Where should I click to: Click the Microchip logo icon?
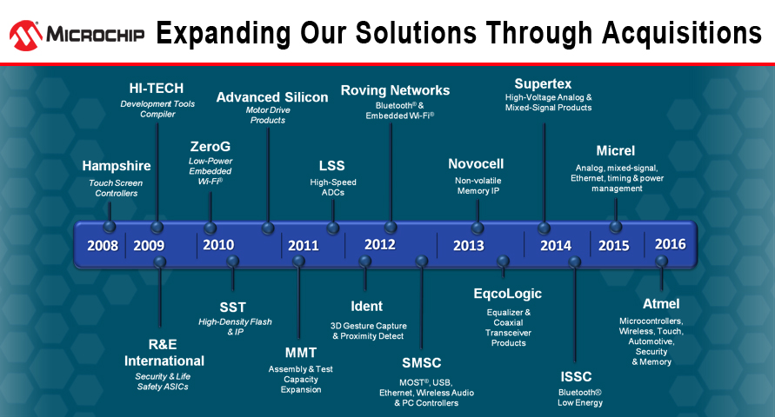point(26,36)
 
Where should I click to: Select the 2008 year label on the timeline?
point(103,245)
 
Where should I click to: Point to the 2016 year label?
point(671,244)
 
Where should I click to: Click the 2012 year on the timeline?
point(379,244)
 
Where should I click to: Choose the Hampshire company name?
point(117,166)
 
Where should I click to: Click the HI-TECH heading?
point(157,89)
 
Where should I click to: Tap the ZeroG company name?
point(210,147)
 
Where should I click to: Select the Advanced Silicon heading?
point(272,97)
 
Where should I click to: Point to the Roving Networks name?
point(396,90)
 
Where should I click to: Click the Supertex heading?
point(543,84)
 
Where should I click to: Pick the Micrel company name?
point(615,150)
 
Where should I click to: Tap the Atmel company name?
point(661,303)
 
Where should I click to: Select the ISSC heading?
point(576,377)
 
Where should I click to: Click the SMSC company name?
point(422,363)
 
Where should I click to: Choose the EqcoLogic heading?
point(508,294)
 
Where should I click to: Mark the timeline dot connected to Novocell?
point(477,228)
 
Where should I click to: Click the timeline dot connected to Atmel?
point(661,261)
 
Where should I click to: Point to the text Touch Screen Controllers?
point(117,188)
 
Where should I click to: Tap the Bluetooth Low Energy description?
point(580,397)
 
